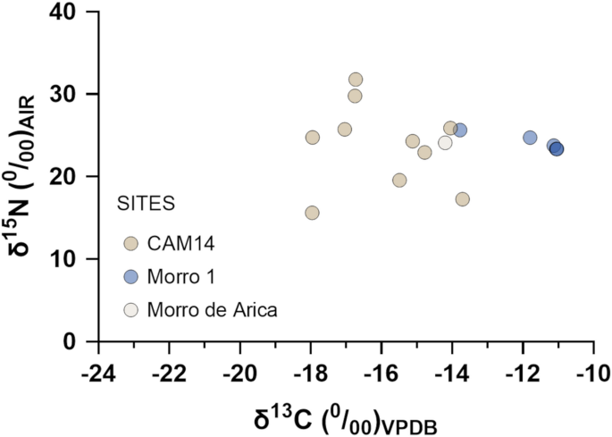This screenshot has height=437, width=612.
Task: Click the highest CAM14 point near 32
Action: [356, 80]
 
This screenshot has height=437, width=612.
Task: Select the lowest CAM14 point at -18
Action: [312, 213]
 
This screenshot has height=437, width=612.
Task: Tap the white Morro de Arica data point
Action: [445, 142]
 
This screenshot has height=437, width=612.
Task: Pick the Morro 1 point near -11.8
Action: [530, 138]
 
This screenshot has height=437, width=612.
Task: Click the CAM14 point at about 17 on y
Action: [463, 199]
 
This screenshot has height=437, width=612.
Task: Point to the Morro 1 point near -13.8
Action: [460, 130]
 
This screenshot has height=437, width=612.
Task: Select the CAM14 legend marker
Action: [131, 244]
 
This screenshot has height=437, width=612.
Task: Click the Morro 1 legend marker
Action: [131, 277]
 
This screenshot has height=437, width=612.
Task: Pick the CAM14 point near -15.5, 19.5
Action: [399, 180]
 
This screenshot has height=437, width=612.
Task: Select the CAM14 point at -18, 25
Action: [313, 137]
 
